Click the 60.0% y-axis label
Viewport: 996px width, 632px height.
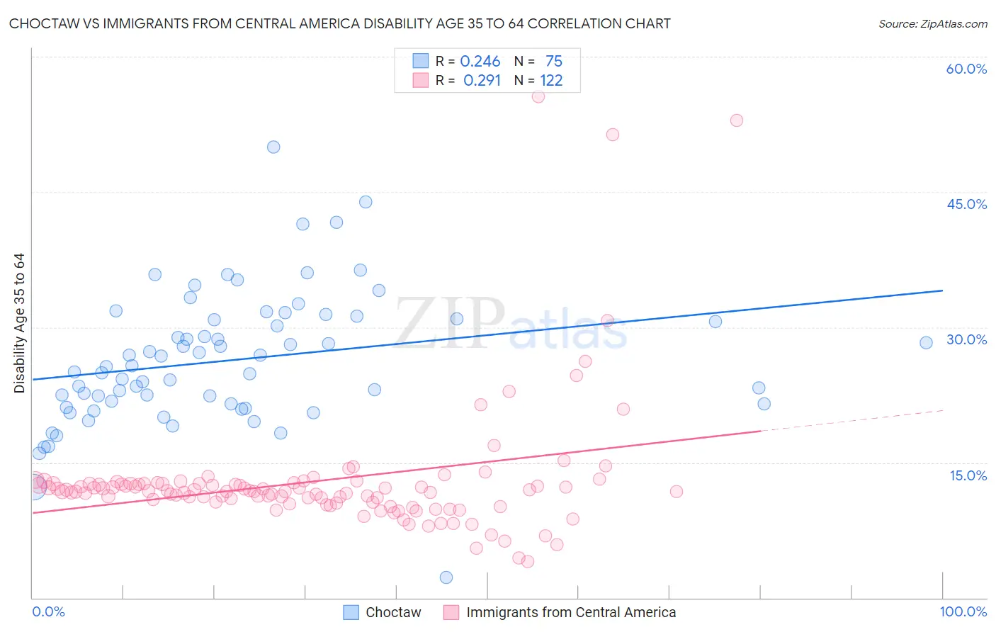(966, 69)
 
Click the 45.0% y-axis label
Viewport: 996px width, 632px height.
(966, 204)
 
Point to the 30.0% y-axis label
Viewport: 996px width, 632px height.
(966, 339)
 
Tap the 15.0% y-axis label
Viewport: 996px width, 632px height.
(968, 475)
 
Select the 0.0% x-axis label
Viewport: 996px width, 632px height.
(48, 611)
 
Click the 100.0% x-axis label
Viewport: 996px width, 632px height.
(963, 611)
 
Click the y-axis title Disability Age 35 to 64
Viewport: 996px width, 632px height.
(19, 323)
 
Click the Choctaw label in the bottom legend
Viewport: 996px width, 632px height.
(393, 612)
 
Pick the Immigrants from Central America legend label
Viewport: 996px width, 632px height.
(571, 612)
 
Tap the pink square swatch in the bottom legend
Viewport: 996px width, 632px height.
(451, 612)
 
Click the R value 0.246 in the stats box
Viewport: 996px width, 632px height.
(480, 62)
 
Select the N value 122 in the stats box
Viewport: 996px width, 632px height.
(551, 81)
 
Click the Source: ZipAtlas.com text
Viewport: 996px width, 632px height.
(932, 24)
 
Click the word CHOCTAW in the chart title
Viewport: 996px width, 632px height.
(44, 24)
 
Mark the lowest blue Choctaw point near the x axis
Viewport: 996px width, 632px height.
(446, 577)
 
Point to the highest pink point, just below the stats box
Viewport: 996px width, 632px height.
(538, 96)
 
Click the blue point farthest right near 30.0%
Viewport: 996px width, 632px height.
(926, 343)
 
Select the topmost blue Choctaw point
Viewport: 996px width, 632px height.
(273, 147)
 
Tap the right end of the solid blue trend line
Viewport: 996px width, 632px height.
(942, 290)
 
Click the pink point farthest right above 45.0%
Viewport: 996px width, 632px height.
(737, 120)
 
